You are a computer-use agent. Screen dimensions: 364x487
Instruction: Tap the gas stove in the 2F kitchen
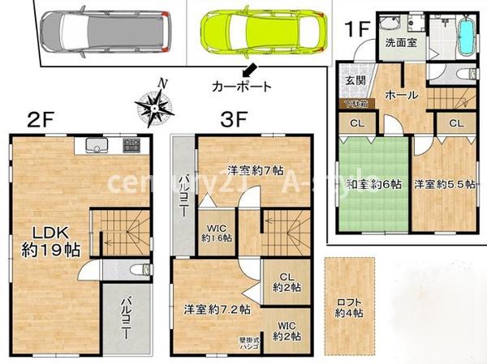click(132, 146)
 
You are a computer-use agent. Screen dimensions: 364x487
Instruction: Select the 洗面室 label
click(402, 42)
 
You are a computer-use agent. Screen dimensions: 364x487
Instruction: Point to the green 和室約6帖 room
click(372, 185)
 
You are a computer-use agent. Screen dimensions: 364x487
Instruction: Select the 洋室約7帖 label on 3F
click(255, 171)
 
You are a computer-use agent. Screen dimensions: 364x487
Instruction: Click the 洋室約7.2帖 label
click(217, 309)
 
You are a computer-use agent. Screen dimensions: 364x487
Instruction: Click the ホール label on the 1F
click(402, 95)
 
